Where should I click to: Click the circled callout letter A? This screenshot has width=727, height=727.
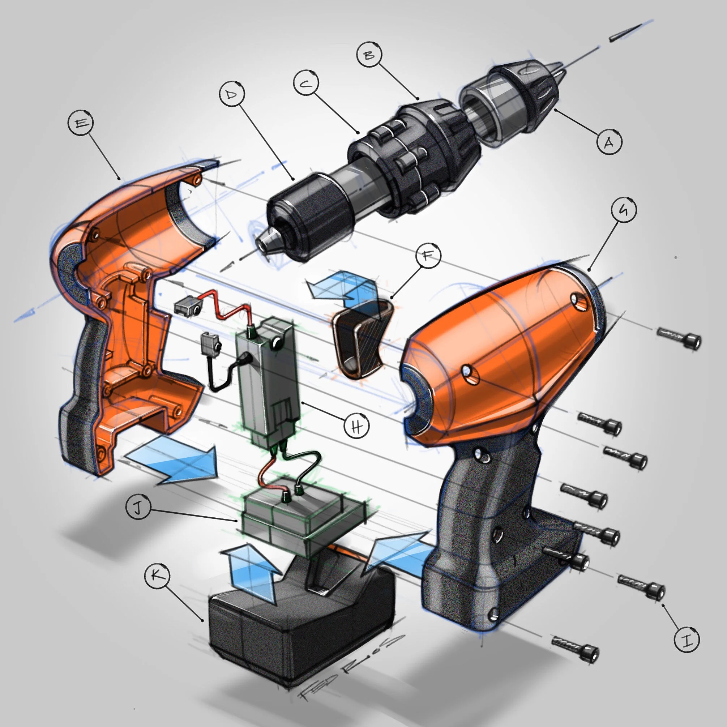click(x=609, y=142)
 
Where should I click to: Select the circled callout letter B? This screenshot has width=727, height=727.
click(x=369, y=55)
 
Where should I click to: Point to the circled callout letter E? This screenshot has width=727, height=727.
click(x=81, y=123)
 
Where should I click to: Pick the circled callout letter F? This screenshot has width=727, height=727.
click(x=428, y=256)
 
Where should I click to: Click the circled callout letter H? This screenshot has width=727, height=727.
click(x=357, y=426)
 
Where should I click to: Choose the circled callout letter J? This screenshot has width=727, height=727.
click(x=138, y=508)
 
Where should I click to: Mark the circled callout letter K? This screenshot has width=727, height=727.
click(x=157, y=576)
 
